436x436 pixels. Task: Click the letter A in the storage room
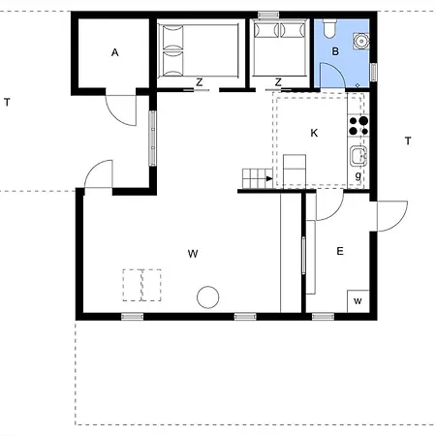click(114, 52)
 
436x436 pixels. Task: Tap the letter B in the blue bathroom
click(335, 51)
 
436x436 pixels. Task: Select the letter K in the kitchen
click(314, 133)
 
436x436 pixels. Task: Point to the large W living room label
click(193, 254)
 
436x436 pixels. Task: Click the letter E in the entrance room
click(340, 251)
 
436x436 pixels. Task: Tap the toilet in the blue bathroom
click(330, 28)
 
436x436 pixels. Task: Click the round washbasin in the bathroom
click(360, 41)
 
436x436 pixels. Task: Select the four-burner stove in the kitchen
click(358, 125)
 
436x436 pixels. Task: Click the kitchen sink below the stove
click(358, 156)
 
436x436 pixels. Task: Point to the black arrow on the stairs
click(269, 178)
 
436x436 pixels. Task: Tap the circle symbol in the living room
click(208, 297)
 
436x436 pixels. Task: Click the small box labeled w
click(358, 301)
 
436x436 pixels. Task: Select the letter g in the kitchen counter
click(358, 176)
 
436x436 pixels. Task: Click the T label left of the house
click(7, 103)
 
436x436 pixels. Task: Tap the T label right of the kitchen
click(408, 141)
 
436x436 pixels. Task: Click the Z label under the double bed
click(200, 82)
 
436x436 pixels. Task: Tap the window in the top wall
click(268, 15)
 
